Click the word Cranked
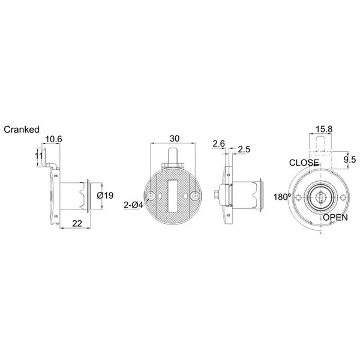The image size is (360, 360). (22, 129)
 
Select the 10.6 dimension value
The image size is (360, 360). (54, 139)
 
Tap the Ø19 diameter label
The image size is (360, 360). (105, 196)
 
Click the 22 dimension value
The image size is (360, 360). (77, 223)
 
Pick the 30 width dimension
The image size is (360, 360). (174, 138)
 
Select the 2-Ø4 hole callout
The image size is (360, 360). (133, 205)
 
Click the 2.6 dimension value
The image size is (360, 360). (218, 144)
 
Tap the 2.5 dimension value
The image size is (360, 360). (244, 149)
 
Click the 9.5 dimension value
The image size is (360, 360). (349, 159)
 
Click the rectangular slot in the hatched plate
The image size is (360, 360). (174, 195)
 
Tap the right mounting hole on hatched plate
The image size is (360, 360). (194, 196)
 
